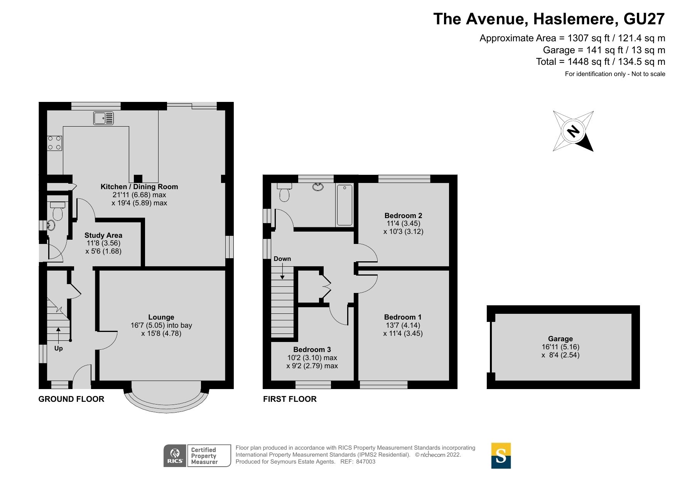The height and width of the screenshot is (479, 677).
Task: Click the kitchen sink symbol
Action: click(103, 118)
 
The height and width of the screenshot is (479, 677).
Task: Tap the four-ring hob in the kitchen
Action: click(54, 143)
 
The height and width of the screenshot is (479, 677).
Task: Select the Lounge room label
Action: click(161, 317)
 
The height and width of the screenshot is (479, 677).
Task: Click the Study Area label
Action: click(103, 235)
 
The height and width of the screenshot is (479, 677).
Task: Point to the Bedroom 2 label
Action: click(403, 215)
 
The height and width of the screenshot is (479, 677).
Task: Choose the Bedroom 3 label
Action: click(312, 349)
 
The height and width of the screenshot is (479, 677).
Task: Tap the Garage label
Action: click(560, 339)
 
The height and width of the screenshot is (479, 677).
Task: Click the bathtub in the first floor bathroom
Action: click(344, 205)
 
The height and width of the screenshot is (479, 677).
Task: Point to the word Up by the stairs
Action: click(58, 348)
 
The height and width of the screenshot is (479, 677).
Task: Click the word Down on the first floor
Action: click(282, 259)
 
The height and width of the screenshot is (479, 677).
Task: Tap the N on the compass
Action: click(573, 131)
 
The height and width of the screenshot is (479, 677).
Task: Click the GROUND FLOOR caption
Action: click(71, 399)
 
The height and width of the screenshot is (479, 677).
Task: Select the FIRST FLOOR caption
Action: click(290, 399)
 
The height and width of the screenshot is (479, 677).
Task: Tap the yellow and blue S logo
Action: click(501, 455)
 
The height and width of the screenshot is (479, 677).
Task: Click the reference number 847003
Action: click(365, 462)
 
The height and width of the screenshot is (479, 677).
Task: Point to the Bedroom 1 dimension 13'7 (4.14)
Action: click(403, 325)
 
